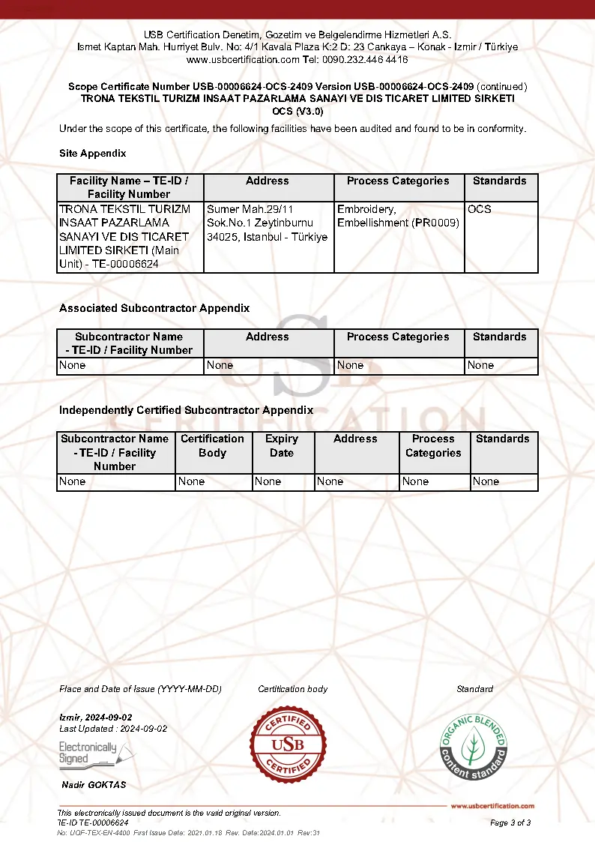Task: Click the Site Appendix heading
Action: [93, 153]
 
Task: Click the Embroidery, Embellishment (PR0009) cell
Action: [398, 216]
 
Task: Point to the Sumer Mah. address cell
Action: [268, 223]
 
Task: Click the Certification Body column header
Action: [212, 445]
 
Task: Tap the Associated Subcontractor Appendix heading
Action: [154, 308]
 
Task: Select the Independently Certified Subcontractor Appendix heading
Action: [186, 410]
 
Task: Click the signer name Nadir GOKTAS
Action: [94, 785]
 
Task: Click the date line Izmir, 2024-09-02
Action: [96, 717]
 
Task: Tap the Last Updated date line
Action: [113, 729]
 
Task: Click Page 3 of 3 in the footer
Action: [510, 823]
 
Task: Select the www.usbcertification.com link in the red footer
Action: [492, 806]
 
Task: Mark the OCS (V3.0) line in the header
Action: [297, 111]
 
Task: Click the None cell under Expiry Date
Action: [268, 481]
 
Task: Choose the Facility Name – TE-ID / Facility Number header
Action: [129, 187]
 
